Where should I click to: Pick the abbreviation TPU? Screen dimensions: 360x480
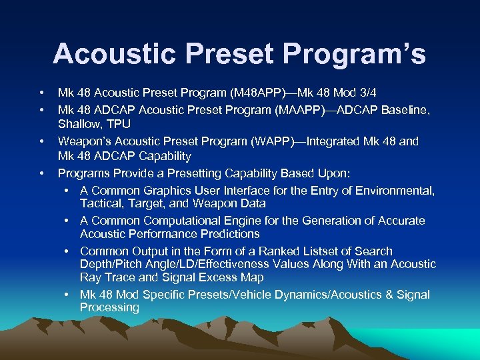click(119, 124)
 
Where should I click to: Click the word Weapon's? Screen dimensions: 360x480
click(83, 141)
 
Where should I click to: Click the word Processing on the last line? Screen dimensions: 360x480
click(109, 307)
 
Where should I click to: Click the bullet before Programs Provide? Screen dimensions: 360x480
click(41, 173)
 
